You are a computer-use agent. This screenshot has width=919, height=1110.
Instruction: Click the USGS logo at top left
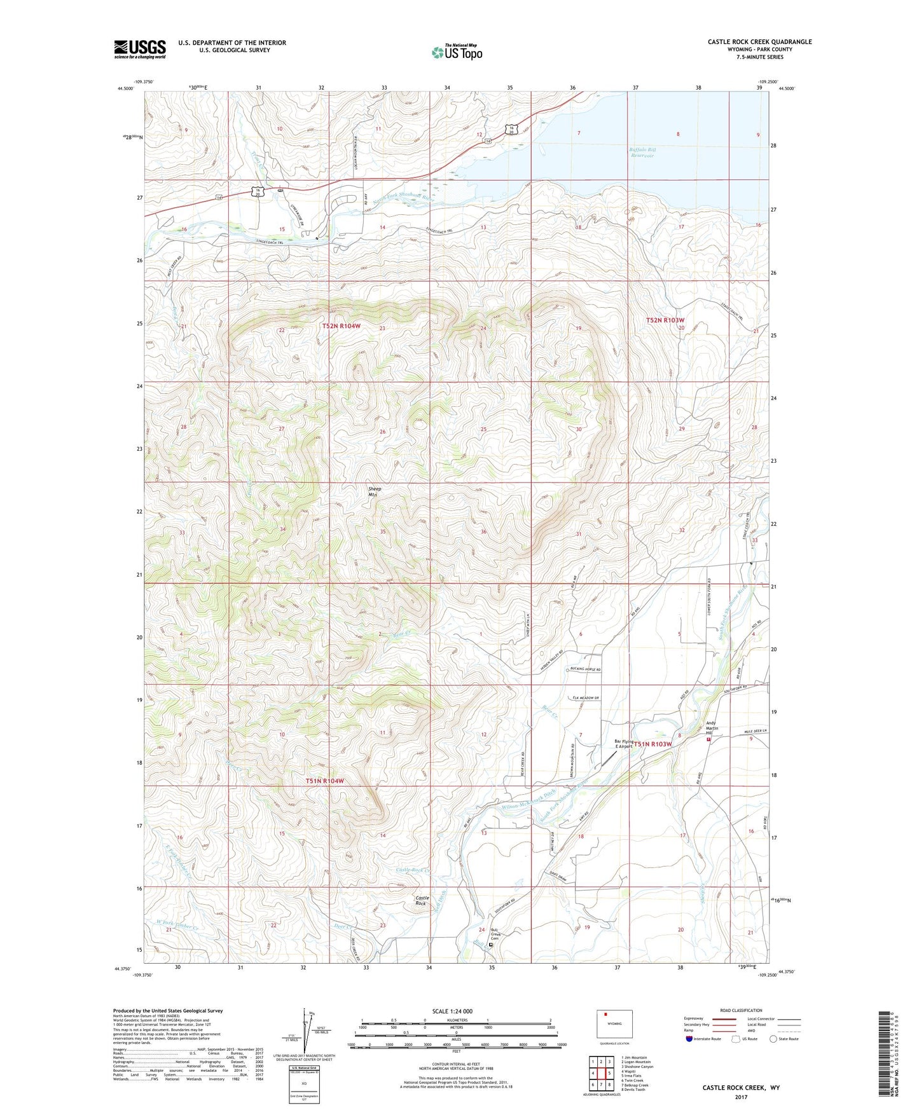[x=140, y=49]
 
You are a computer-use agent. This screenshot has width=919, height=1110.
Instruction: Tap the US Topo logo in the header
[x=456, y=52]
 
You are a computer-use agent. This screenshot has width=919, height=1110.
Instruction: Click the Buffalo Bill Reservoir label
[x=643, y=153]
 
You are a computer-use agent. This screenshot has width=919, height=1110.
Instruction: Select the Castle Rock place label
[x=421, y=901]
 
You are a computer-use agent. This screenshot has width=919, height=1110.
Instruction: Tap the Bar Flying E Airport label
[x=623, y=744]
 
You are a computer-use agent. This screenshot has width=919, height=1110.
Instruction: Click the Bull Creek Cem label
[x=496, y=937]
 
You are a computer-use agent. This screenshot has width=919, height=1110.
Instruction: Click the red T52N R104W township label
[x=341, y=326]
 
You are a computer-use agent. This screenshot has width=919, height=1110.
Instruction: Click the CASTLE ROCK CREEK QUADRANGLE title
[x=759, y=42]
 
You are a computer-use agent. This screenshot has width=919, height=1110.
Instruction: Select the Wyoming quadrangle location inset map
[x=614, y=1024]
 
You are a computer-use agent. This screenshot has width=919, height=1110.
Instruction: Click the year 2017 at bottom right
[x=741, y=1097]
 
